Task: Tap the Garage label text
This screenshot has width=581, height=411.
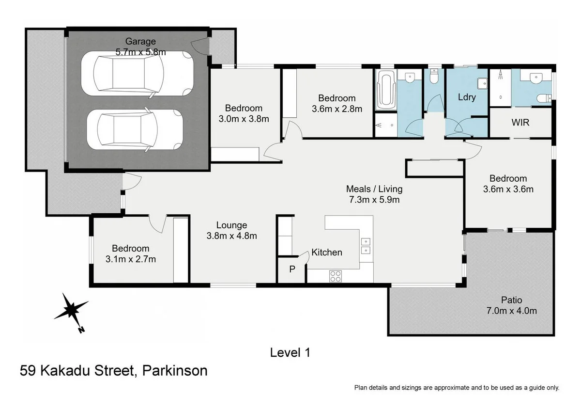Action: [x=140, y=41]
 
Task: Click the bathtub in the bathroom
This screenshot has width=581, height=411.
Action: [x=386, y=90]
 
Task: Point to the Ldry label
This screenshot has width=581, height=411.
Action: [x=467, y=97]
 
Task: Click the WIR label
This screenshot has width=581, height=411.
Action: [x=520, y=123]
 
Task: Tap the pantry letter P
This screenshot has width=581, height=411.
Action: [x=292, y=269]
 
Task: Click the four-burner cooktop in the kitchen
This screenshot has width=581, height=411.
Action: [x=335, y=276]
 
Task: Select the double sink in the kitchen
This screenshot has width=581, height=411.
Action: [x=366, y=246]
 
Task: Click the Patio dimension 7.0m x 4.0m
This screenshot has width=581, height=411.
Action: [x=512, y=311]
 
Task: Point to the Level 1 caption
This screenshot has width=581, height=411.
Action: [x=290, y=353]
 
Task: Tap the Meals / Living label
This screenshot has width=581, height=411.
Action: [x=374, y=189]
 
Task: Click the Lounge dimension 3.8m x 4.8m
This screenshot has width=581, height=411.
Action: [x=231, y=236]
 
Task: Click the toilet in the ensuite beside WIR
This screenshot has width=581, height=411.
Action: [x=544, y=98]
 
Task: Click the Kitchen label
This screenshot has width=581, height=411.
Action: [x=326, y=252]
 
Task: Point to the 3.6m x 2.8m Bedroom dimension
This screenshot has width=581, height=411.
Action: [x=337, y=109]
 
